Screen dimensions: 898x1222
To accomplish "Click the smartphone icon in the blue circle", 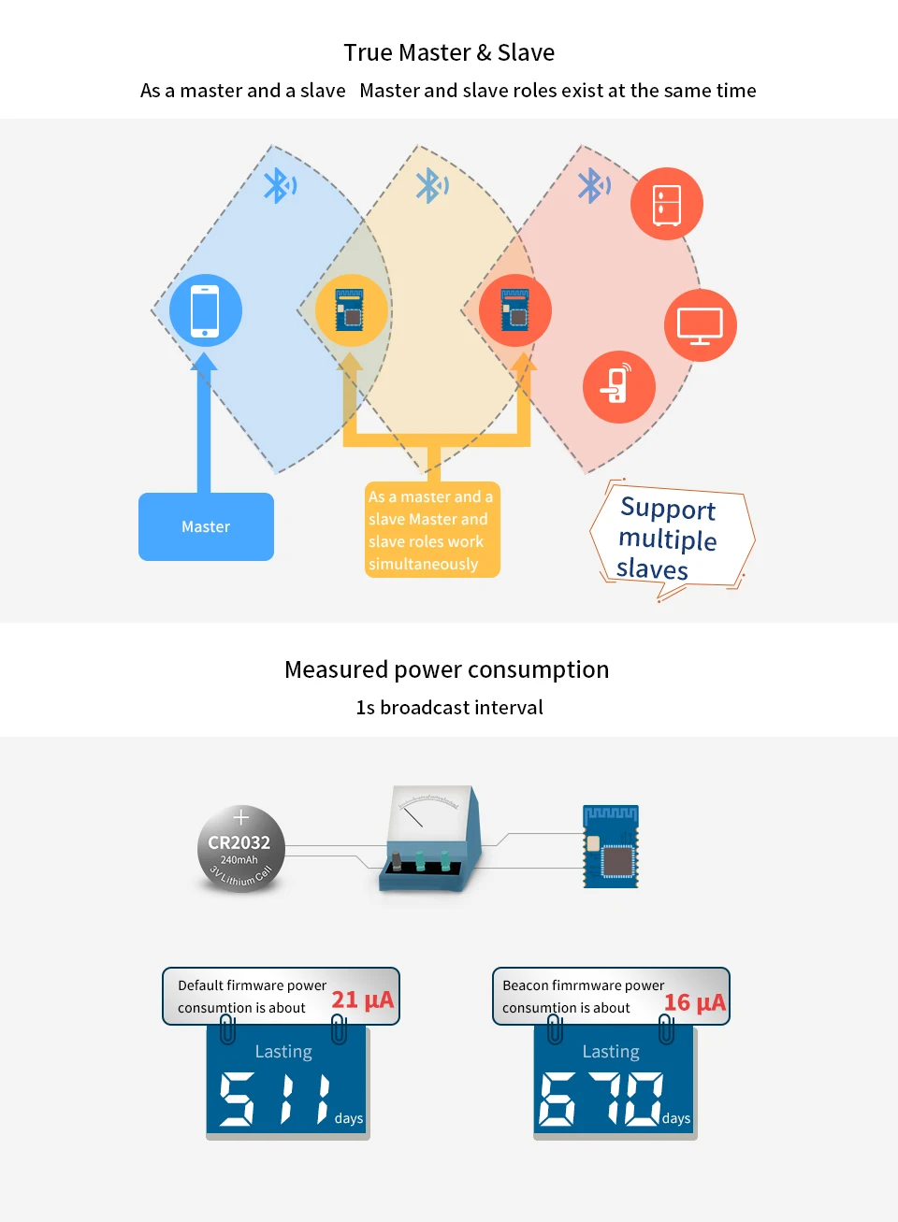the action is tap(205, 311).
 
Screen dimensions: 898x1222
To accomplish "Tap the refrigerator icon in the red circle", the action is tap(667, 205).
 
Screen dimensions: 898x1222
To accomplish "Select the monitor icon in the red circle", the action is tap(700, 326).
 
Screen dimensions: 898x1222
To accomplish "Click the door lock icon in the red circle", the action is tap(617, 383).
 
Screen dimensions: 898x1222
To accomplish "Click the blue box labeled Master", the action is tap(206, 526).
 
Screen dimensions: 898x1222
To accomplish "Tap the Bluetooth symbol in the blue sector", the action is tap(280, 185).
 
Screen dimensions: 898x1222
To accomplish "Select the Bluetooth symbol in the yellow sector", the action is tap(432, 185).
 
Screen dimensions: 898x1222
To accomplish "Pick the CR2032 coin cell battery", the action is tap(240, 848).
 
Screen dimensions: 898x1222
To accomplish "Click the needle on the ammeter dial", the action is tap(413, 816).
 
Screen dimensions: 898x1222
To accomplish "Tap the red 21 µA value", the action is tap(363, 1000).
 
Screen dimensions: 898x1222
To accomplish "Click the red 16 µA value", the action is tap(694, 1002).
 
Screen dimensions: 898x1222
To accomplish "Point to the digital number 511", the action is tap(275, 1099).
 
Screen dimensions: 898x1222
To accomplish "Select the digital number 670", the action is tap(601, 1099).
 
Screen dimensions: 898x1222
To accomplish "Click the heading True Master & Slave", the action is tap(449, 52).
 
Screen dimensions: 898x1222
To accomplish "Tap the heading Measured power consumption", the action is tap(446, 669).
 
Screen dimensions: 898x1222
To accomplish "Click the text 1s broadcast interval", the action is tap(449, 708).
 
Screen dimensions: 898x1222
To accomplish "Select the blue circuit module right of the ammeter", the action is tap(610, 846).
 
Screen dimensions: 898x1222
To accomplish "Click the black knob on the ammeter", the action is tap(396, 861).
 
